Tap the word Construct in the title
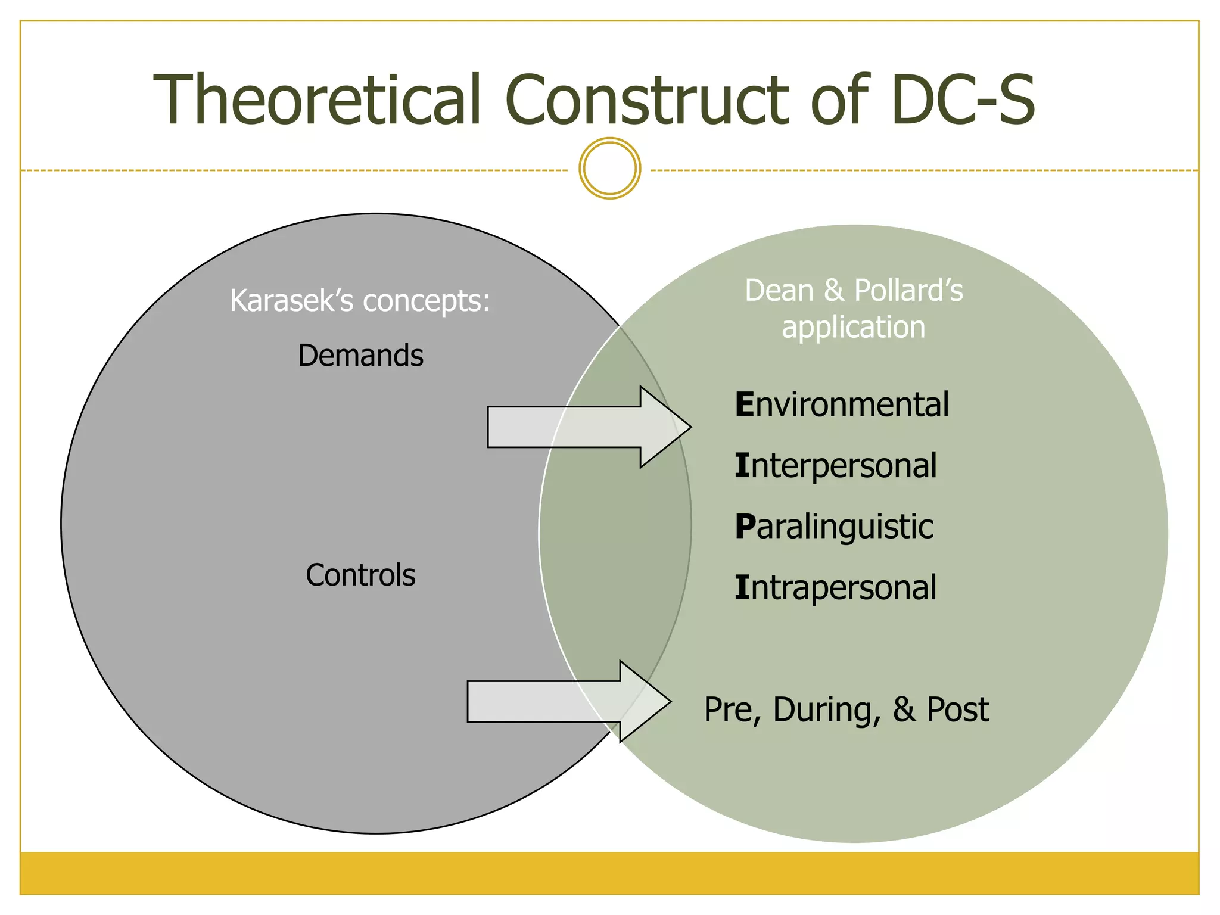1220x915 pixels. (x=646, y=100)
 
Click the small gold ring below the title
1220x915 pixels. (x=609, y=169)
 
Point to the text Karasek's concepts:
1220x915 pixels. (x=360, y=300)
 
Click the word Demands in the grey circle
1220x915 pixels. (x=360, y=356)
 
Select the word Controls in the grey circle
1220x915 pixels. (x=360, y=575)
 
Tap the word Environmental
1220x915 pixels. (x=841, y=405)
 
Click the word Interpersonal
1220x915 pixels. (x=835, y=466)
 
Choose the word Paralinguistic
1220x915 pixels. (x=834, y=527)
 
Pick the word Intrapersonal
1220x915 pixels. (x=835, y=588)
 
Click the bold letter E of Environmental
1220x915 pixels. (x=745, y=405)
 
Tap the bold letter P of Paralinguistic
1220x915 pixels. (x=745, y=527)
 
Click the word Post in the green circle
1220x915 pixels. (x=957, y=710)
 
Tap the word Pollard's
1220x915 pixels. (x=908, y=291)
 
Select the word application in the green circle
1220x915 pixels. (x=853, y=328)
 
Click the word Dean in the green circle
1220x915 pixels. (x=779, y=291)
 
